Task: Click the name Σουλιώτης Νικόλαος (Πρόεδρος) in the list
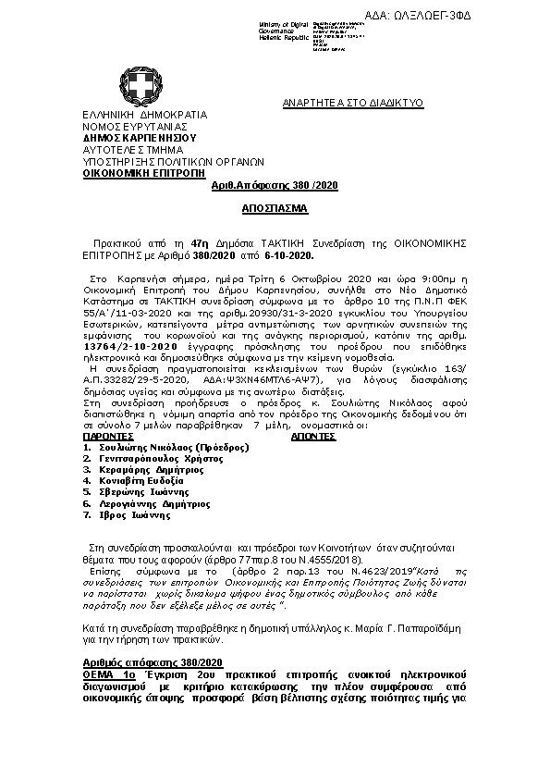tap(162, 448)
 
